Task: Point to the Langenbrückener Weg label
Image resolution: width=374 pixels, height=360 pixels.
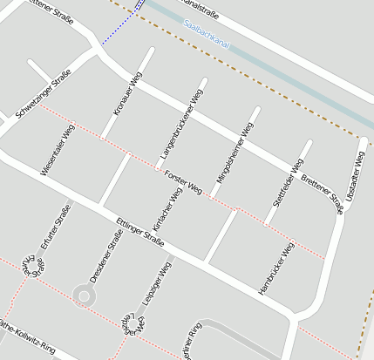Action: (x=181, y=122)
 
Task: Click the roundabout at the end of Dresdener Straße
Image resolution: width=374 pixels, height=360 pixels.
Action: (x=84, y=297)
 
